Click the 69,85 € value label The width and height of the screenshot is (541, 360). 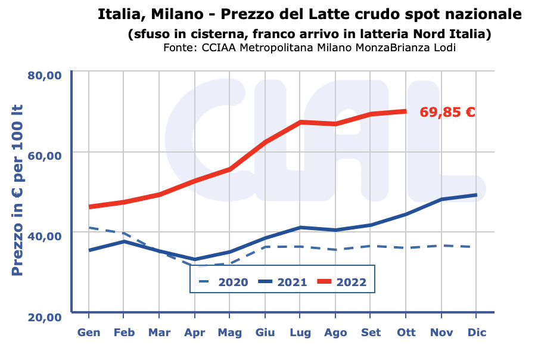(x=447, y=112)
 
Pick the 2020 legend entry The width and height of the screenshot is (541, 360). (x=224, y=282)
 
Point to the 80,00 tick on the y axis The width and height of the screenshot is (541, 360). (x=45, y=75)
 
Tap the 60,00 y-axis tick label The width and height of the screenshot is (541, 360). (x=45, y=156)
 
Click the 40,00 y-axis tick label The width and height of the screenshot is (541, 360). (x=45, y=236)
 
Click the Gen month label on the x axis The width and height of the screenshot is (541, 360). (x=89, y=333)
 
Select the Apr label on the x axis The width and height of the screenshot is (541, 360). (x=194, y=333)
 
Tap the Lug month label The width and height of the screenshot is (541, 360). (x=300, y=333)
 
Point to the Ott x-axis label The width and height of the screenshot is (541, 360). (x=406, y=333)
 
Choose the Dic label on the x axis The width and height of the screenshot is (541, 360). (x=476, y=333)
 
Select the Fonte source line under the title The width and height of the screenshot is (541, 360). (x=309, y=48)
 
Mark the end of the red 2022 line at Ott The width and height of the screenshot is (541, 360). (x=406, y=111)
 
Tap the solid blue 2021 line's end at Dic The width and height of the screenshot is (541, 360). (x=476, y=195)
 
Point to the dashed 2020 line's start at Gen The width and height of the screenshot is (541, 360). (x=89, y=228)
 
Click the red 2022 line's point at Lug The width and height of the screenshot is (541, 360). (x=300, y=122)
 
